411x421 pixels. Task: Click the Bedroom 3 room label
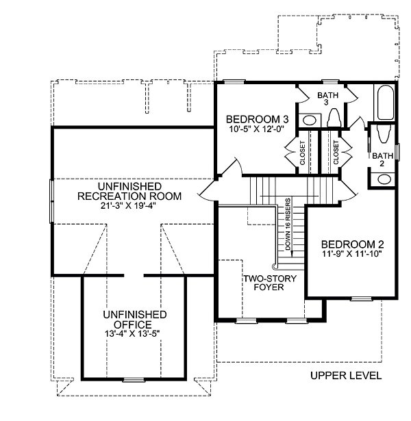pyautogui.click(x=258, y=119)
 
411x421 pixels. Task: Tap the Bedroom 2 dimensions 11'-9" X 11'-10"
pyautogui.click(x=352, y=254)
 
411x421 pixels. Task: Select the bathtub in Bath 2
pyautogui.click(x=386, y=103)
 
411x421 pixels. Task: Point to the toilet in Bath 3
pyautogui.click(x=334, y=118)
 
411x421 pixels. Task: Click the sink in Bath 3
pyautogui.click(x=310, y=120)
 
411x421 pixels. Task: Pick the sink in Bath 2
pyautogui.click(x=384, y=179)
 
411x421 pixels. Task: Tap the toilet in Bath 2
pyautogui.click(x=382, y=133)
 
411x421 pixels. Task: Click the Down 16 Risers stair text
pyautogui.click(x=288, y=225)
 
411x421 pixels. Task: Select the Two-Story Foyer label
pyautogui.click(x=269, y=283)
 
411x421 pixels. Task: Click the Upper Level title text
pyautogui.click(x=346, y=375)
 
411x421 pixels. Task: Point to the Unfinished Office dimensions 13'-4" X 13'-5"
pyautogui.click(x=132, y=334)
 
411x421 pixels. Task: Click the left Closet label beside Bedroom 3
pyautogui.click(x=303, y=153)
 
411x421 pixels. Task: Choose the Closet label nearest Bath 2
pyautogui.click(x=336, y=153)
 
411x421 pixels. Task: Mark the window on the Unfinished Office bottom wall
pyautogui.click(x=134, y=380)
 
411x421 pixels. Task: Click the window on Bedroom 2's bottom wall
pyautogui.click(x=362, y=298)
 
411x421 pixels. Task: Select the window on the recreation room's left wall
pyautogui.click(x=51, y=201)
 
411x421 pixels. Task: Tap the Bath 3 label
pyautogui.click(x=327, y=99)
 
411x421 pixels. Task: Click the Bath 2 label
pyautogui.click(x=382, y=160)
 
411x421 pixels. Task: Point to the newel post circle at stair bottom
pyautogui.click(x=275, y=266)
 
